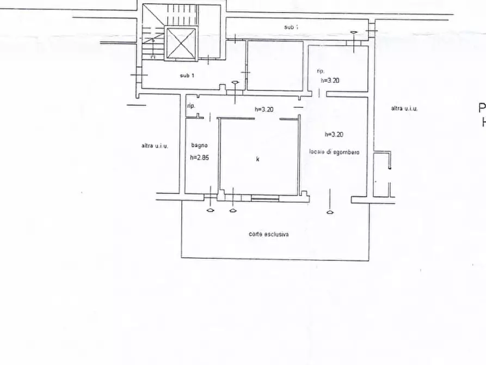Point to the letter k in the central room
click(257, 159)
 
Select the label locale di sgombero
click(334, 153)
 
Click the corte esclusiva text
click(269, 234)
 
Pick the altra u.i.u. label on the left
click(155, 145)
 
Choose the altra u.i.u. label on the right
click(404, 108)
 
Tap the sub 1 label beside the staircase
click(187, 75)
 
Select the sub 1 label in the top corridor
click(291, 26)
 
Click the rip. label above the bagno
click(191, 106)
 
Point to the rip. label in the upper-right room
click(321, 71)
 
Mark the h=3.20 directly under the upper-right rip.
click(330, 80)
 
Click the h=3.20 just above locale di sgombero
click(334, 134)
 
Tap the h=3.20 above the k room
click(264, 109)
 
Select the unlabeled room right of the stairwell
click(275, 65)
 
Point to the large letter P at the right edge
click(482, 108)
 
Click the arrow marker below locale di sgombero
click(330, 211)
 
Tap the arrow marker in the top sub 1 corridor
click(354, 34)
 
